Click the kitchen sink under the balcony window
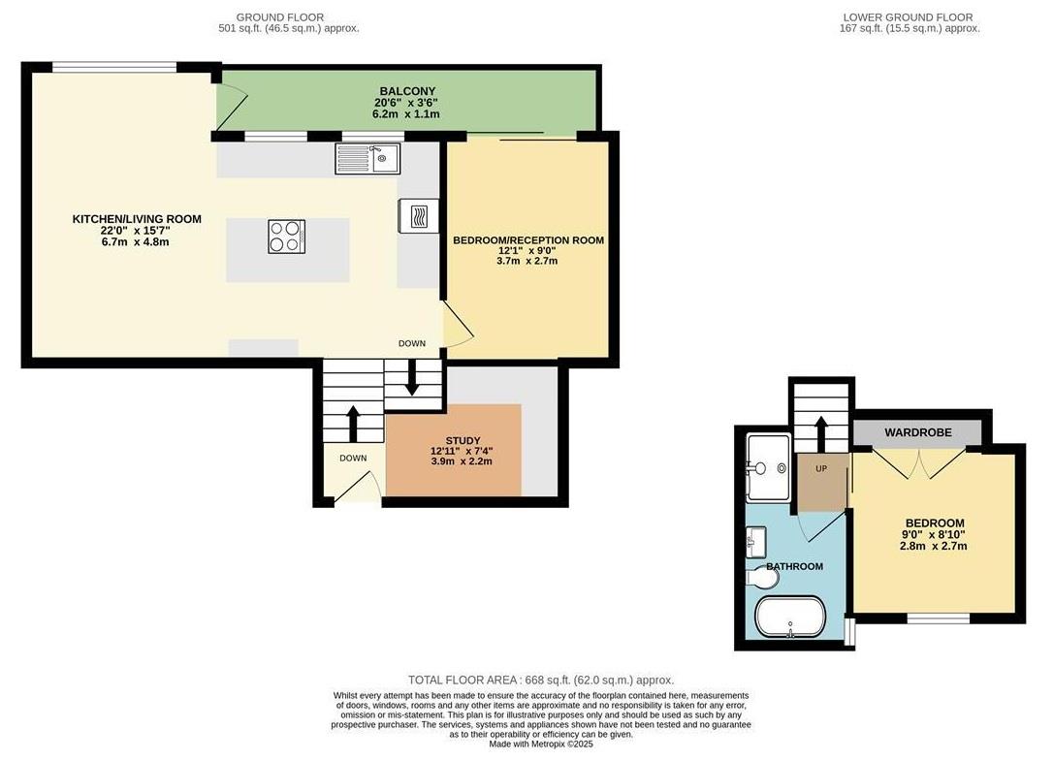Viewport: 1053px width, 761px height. coord(367,158)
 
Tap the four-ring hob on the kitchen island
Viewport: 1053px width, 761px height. coord(286,237)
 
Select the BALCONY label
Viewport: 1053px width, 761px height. coord(407,92)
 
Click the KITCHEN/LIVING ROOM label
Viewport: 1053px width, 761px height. coord(137,219)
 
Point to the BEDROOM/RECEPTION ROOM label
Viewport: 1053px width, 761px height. coord(528,240)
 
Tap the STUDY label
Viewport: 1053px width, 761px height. coord(456,441)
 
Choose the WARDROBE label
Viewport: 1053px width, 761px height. coord(916,432)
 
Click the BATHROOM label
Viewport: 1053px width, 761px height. coord(794,567)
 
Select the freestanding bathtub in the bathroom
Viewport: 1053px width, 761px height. coord(790,618)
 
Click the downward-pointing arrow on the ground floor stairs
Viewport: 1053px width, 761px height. coord(411,377)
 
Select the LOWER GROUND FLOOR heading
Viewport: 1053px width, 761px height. coord(908,17)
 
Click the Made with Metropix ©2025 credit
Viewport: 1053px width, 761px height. coord(540,745)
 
